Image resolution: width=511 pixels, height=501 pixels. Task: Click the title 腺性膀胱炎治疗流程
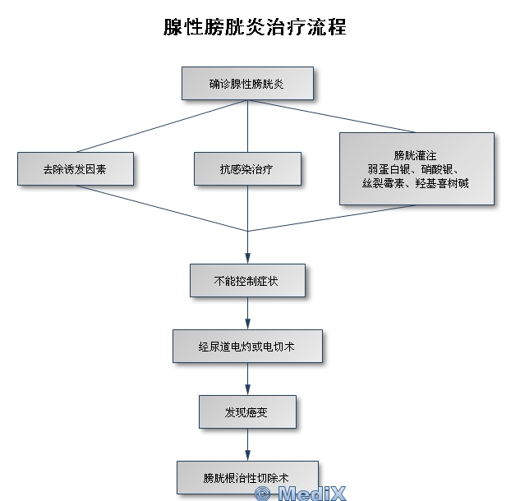point(255,27)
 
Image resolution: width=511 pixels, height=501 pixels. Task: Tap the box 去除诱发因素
point(75,168)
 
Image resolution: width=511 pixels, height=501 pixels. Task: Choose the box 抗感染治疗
point(247,168)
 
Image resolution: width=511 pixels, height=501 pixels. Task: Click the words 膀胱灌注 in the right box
point(417,154)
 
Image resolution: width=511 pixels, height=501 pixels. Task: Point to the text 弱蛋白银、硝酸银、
point(417,168)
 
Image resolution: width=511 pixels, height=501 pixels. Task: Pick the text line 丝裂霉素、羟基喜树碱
point(417,182)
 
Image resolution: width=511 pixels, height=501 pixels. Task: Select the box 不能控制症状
point(247,280)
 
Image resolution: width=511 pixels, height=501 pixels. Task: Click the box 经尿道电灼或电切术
point(247,347)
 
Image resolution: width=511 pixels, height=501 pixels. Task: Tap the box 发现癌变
point(247,411)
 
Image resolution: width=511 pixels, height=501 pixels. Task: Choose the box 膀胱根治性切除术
point(247,476)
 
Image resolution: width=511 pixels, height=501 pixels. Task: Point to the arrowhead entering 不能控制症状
point(247,258)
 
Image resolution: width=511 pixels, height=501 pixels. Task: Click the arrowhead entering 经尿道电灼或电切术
point(247,324)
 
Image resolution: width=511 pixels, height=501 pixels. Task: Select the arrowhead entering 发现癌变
point(247,390)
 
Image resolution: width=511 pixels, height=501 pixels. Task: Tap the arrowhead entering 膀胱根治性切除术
point(247,455)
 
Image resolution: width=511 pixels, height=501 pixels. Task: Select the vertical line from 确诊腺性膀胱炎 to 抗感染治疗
point(247,126)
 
